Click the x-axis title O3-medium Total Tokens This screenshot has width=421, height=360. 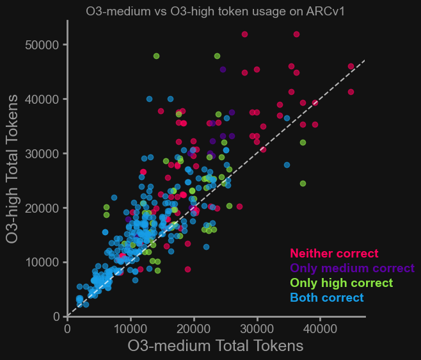[215, 346]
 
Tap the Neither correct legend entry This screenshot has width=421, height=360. [334, 254]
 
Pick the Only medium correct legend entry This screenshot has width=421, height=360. [352, 268]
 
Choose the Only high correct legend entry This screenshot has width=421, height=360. [341, 283]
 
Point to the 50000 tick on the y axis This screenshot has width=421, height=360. [43, 45]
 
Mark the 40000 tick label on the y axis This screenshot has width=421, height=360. [43, 99]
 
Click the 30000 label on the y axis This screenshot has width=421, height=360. [43, 154]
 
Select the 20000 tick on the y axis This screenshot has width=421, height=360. [43, 208]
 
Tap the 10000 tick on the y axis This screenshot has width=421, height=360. [43, 263]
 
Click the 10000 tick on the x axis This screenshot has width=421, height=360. [131, 328]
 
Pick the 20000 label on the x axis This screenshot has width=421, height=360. [193, 328]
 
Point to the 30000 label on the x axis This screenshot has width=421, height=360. [257, 328]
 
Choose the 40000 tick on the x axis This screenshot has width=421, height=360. [319, 328]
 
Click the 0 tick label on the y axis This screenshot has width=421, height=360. [56, 316]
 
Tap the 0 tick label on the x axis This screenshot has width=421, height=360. [67, 328]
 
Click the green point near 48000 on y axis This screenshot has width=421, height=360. [156, 56]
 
